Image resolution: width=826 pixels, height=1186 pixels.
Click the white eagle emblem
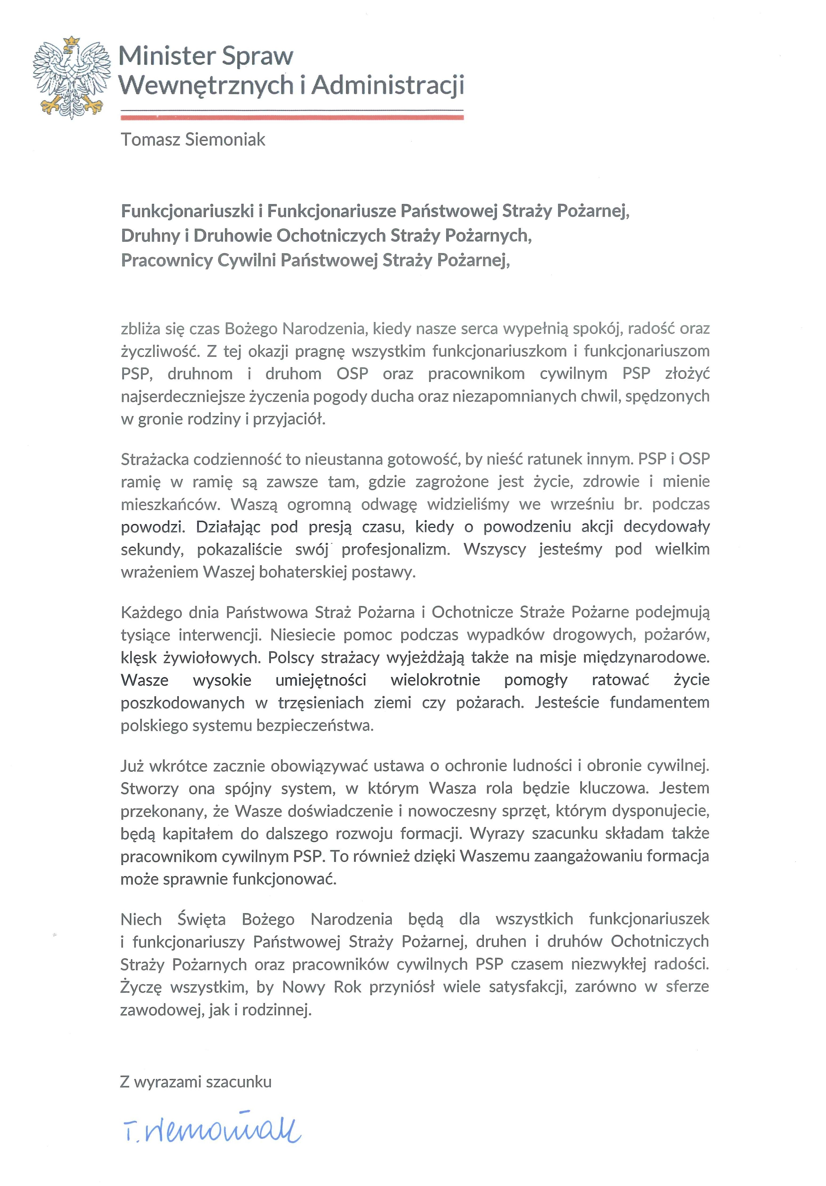pyautogui.click(x=71, y=77)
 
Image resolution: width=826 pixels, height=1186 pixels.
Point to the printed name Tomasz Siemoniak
pyautogui.click(x=193, y=140)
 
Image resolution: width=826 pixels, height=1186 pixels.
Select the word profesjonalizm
pyautogui.click(x=396, y=549)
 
